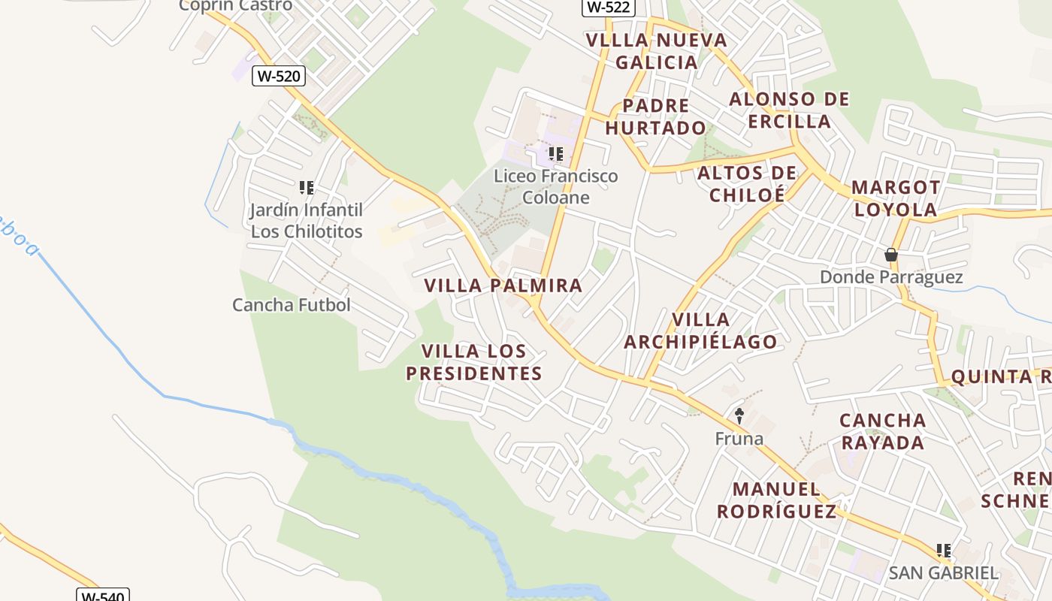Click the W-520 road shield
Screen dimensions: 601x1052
click(x=278, y=75)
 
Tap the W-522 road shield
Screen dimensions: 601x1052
click(x=609, y=8)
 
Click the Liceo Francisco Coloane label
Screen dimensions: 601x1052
click(x=556, y=186)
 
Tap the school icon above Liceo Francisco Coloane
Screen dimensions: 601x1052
click(x=556, y=154)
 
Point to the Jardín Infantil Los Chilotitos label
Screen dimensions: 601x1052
click(x=307, y=221)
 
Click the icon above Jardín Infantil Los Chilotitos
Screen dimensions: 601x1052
click(x=307, y=187)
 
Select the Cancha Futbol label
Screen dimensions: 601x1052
click(x=292, y=305)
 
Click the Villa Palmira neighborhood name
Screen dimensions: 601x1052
click(x=503, y=285)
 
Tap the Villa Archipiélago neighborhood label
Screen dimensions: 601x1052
click(x=700, y=331)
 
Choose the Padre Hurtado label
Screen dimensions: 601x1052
click(x=656, y=116)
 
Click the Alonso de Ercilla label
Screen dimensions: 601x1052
click(x=790, y=110)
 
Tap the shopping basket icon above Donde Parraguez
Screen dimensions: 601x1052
click(x=891, y=255)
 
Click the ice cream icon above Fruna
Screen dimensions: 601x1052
click(x=739, y=415)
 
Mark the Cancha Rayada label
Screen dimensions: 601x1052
click(x=883, y=431)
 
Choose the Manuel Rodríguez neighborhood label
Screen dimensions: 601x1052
click(x=776, y=500)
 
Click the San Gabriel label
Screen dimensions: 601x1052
click(x=944, y=572)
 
